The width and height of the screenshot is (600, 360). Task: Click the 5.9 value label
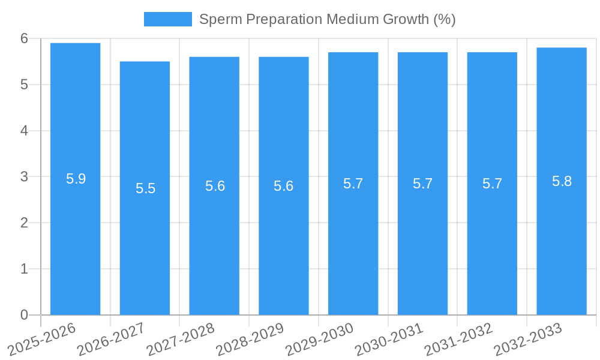76,179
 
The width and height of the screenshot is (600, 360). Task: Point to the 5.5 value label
145,188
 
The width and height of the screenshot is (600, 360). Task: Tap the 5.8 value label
562,181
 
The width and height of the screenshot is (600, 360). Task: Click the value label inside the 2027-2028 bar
215,186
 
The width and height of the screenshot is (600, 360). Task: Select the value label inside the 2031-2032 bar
492,184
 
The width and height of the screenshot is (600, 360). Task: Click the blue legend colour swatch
167,19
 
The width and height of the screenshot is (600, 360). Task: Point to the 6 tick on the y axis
24,38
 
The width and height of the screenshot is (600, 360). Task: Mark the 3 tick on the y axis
24,177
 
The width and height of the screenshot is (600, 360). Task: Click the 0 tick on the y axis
24,315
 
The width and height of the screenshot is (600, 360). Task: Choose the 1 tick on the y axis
24,269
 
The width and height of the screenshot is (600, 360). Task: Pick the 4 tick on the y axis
24,131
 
